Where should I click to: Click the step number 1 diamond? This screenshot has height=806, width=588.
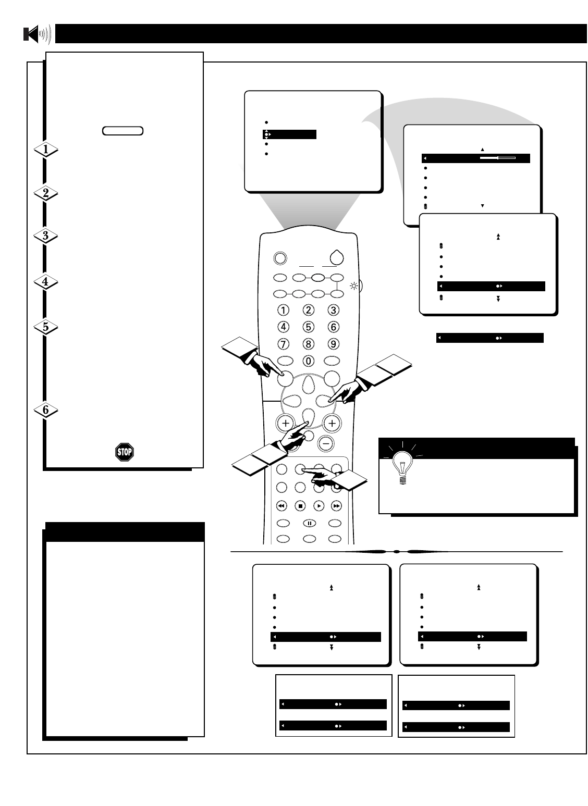(45, 150)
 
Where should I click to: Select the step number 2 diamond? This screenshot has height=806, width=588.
(45, 193)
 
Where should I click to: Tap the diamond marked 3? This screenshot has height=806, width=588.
(45, 235)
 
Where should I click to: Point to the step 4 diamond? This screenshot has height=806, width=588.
(45, 282)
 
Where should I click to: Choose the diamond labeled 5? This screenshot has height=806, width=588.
(45, 327)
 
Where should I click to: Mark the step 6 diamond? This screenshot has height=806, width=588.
(45, 410)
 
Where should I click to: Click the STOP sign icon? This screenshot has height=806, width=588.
(124, 452)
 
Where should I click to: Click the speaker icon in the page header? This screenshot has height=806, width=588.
(37, 34)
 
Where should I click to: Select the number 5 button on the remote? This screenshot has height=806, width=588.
(309, 327)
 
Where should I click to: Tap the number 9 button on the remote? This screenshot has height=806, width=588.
(333, 344)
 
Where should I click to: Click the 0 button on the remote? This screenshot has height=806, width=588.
(309, 361)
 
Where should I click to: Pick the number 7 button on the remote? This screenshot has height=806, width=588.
(284, 344)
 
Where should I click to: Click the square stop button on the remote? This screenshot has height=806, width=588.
(300, 505)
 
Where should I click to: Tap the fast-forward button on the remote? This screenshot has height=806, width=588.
(336, 505)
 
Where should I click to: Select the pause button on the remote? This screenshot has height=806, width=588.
(309, 523)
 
